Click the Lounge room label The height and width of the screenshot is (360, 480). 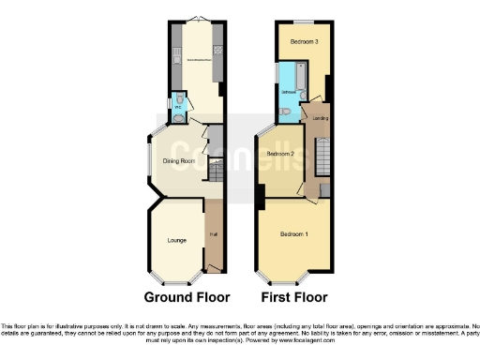tap(175, 240)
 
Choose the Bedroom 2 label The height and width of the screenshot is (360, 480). tap(280, 153)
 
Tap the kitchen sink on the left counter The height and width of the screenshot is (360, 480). tap(175, 62)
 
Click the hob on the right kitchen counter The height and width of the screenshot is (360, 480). tap(218, 51)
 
